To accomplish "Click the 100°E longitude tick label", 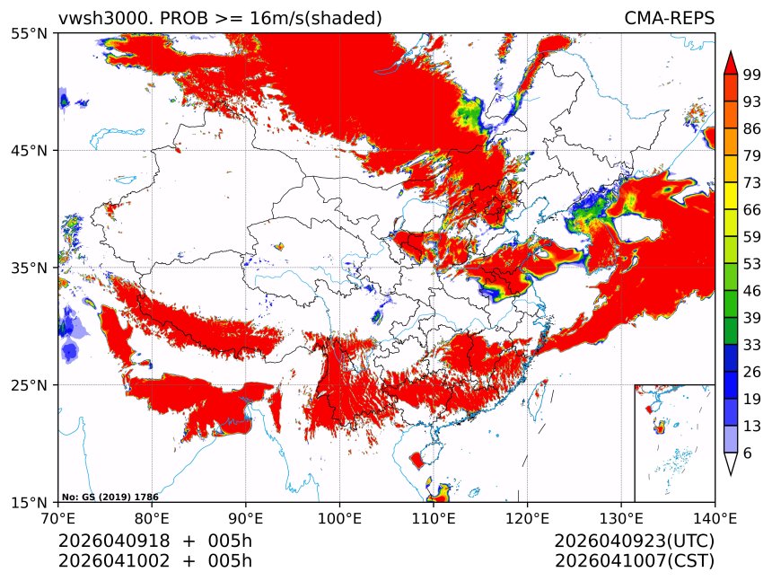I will tap(339, 518).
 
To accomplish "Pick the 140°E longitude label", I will tap(715, 518).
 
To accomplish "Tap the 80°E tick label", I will tap(152, 518).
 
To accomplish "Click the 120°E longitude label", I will tap(527, 518).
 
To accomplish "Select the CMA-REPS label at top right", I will tap(669, 18).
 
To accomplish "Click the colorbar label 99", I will tap(752, 75).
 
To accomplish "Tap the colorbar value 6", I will tap(748, 453).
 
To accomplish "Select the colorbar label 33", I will tap(752, 345).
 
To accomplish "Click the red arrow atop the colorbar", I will tap(731, 62).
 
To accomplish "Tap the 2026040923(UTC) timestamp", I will tap(634, 541).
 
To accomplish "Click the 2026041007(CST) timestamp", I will tap(634, 561).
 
